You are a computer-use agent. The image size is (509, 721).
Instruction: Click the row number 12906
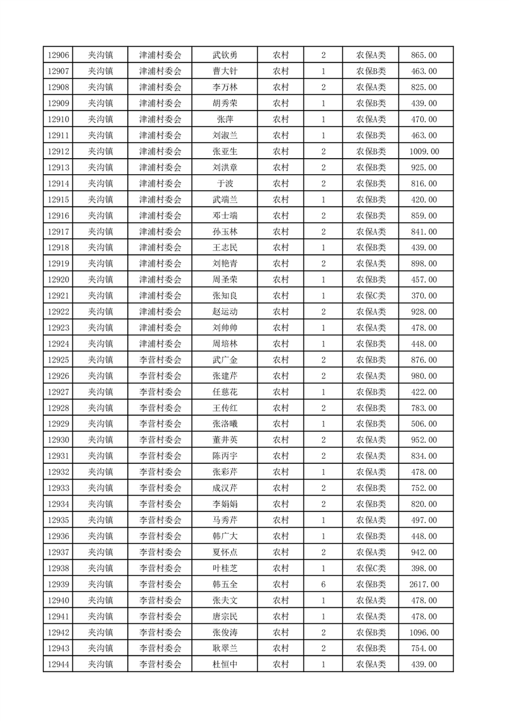click(x=58, y=55)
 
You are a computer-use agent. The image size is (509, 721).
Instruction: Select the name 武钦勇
click(x=225, y=55)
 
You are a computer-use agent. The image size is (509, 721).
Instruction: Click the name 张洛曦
click(x=225, y=424)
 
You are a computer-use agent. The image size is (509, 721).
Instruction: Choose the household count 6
click(x=323, y=584)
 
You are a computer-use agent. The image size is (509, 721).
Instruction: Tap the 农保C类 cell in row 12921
click(x=371, y=296)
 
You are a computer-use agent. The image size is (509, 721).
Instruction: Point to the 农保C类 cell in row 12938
click(x=371, y=568)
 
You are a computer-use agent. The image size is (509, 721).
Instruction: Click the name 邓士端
click(x=225, y=216)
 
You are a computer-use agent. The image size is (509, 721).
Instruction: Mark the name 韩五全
click(x=225, y=584)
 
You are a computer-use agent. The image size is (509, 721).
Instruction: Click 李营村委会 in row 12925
click(x=160, y=360)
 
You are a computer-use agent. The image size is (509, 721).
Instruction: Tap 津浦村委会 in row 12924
click(x=160, y=344)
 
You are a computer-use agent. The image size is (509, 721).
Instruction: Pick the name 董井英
click(x=225, y=440)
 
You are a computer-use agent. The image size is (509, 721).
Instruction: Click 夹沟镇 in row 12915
click(x=100, y=200)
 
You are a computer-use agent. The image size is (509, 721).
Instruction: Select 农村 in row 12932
click(x=280, y=472)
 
